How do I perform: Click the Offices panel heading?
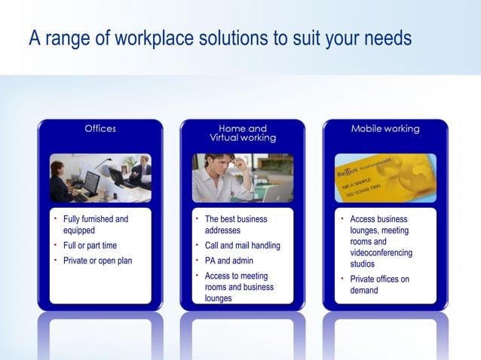pyautogui.click(x=100, y=129)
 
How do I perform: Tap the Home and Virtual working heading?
pyautogui.click(x=243, y=133)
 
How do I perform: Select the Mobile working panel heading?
pyautogui.click(x=385, y=129)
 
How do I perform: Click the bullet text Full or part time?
pyautogui.click(x=90, y=246)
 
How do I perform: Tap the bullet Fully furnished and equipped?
pyautogui.click(x=95, y=224)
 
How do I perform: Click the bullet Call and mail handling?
pyautogui.click(x=242, y=246)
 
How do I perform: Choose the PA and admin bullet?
pyautogui.click(x=229, y=261)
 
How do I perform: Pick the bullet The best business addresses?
pyautogui.click(x=236, y=224)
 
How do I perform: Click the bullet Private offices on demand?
pyautogui.click(x=379, y=284)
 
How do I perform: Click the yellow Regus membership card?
pyautogui.click(x=384, y=178)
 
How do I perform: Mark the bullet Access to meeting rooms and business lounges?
pyautogui.click(x=239, y=287)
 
